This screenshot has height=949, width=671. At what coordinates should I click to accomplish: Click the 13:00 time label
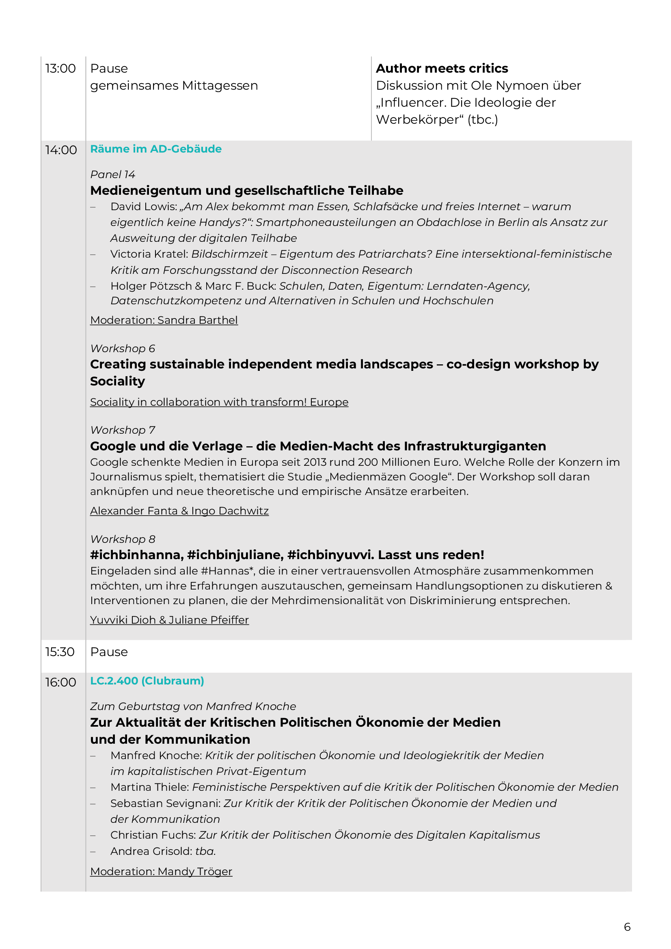60,69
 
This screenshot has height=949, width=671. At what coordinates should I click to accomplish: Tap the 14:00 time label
61,150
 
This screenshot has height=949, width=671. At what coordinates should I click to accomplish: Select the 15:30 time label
60,652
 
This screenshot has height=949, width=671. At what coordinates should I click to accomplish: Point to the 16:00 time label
60,682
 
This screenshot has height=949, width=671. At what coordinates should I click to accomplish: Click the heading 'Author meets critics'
442,68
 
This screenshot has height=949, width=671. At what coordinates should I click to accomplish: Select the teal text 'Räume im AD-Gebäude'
156,149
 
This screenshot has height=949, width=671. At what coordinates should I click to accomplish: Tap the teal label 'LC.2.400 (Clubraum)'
147,681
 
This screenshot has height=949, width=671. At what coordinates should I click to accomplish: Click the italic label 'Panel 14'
112,174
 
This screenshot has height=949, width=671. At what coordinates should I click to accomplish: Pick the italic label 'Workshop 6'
122,349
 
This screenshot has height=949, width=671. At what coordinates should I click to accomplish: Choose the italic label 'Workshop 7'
122,430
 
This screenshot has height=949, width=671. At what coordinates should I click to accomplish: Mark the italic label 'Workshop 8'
122,539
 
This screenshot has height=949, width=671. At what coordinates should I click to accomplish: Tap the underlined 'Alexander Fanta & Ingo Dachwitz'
179,511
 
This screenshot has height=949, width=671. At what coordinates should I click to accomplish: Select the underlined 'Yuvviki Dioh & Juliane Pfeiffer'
170,620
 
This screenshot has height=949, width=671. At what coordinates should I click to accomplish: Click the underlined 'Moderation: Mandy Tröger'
161,871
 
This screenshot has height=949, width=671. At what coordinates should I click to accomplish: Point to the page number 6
627,927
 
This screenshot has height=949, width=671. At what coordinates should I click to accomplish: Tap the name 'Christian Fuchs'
152,835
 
